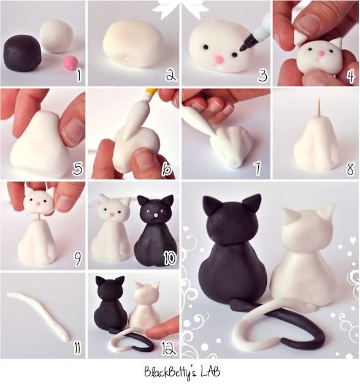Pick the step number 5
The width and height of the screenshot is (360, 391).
pos(77,167)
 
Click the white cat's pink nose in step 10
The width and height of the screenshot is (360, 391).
pos(112,214)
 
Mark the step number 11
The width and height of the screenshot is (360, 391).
pos(76,348)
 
